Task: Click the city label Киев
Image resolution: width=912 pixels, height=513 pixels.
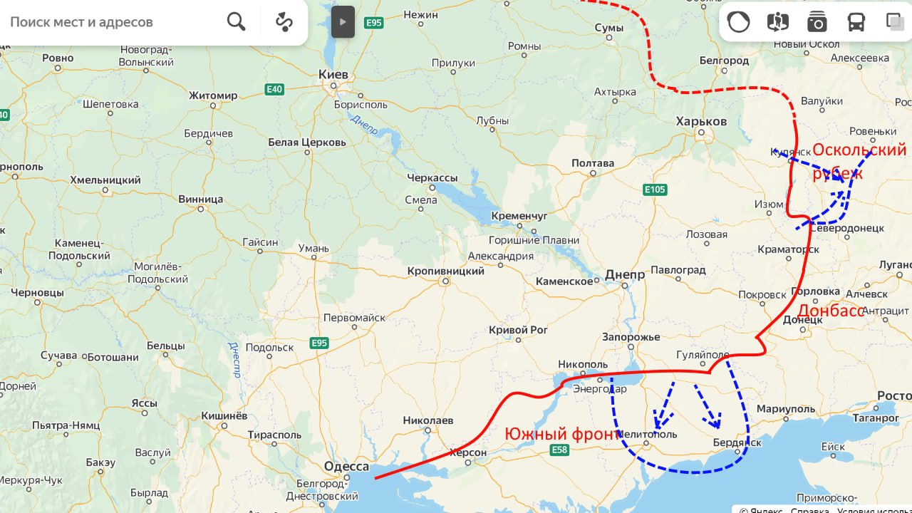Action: pos(333,75)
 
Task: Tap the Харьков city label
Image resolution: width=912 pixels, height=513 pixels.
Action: pos(702,121)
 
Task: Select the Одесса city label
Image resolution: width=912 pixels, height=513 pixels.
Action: pos(346,467)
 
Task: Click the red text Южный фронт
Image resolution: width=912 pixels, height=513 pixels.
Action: pos(562,433)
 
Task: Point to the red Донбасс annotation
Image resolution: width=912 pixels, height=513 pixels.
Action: pos(830,311)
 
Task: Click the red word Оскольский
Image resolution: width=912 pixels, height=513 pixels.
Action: pos(859,150)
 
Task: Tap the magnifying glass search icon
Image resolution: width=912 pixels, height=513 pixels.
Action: pos(236,22)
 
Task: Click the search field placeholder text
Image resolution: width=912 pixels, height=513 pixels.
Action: pos(81,22)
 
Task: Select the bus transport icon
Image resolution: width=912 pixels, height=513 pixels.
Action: pos(856,23)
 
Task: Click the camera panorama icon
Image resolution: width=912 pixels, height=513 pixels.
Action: pos(817,23)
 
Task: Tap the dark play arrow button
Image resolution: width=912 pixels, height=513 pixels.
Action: pos(343,22)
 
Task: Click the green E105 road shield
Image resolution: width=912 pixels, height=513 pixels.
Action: pos(654,190)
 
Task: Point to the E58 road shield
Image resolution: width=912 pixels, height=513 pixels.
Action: pos(559,450)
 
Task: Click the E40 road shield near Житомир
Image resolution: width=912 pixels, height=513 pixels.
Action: pos(274,89)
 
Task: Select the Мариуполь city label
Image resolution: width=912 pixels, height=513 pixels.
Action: pos(785,409)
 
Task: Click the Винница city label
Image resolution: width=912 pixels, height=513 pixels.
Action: pos(200,199)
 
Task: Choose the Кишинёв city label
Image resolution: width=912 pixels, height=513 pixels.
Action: pos(224,415)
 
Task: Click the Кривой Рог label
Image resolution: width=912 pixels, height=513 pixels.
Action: pos(518,330)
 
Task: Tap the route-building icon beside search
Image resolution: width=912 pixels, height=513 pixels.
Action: pos(284,22)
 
